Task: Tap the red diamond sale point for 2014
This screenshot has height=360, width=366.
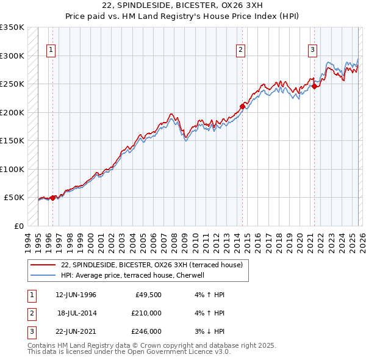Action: pos(242,106)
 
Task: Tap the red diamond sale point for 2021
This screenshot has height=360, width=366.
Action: pos(315,86)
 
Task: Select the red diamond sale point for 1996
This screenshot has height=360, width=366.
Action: pos(53,197)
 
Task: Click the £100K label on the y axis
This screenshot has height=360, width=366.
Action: pos(12,169)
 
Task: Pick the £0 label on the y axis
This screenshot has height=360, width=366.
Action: pos(19,226)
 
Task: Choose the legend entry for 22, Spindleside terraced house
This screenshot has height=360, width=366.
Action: pos(152,265)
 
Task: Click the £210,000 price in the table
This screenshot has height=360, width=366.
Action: pos(146,313)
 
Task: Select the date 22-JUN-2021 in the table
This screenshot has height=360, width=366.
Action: pos(76,331)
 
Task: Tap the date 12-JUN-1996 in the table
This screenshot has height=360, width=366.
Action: pos(76,295)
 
